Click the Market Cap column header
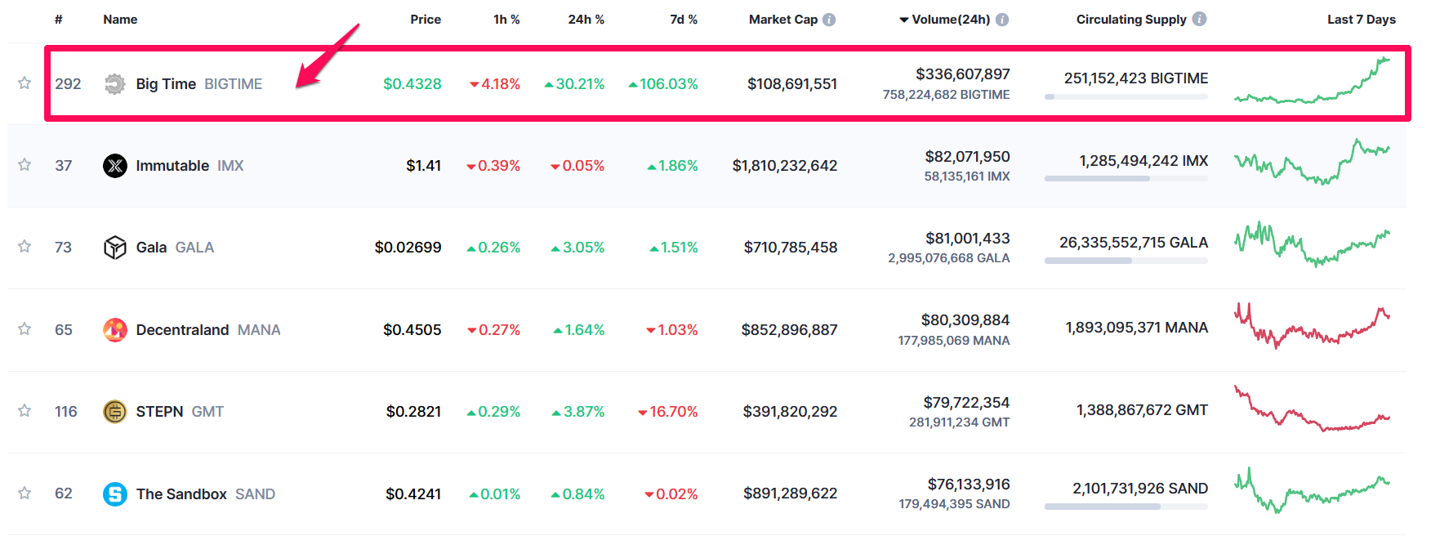point(782,20)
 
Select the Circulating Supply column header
point(1130,20)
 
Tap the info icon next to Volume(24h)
point(1002,20)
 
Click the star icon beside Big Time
point(25,83)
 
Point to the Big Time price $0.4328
point(412,84)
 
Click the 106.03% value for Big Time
point(668,84)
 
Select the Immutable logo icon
point(115,166)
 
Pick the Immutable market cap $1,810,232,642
point(784,166)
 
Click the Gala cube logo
point(115,248)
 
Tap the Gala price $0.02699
point(408,248)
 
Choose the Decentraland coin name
point(182,330)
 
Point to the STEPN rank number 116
point(66,412)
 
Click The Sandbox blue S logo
point(115,494)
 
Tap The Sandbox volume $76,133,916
point(968,485)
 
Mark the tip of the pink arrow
point(297,86)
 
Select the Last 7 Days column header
point(1361,20)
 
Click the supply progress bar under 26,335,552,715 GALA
point(1126,261)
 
